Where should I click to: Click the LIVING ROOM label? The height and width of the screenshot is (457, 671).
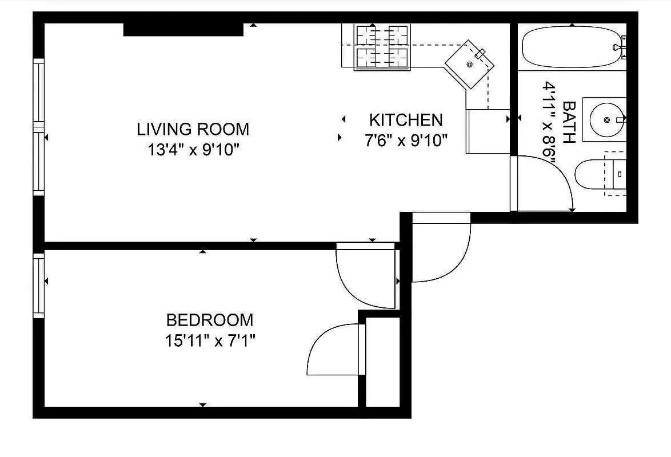click(x=193, y=129)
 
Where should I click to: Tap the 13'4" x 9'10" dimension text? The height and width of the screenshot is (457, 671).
click(x=193, y=150)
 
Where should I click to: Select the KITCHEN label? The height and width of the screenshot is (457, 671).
click(x=406, y=120)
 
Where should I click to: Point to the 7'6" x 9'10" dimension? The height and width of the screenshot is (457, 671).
click(x=406, y=141)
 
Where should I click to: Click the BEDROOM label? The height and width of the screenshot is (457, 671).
click(x=209, y=320)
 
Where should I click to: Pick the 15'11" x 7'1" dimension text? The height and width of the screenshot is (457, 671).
click(x=209, y=342)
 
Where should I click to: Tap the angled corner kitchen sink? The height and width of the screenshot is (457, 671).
click(x=470, y=64)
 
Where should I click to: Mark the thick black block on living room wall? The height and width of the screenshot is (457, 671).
click(x=183, y=29)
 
